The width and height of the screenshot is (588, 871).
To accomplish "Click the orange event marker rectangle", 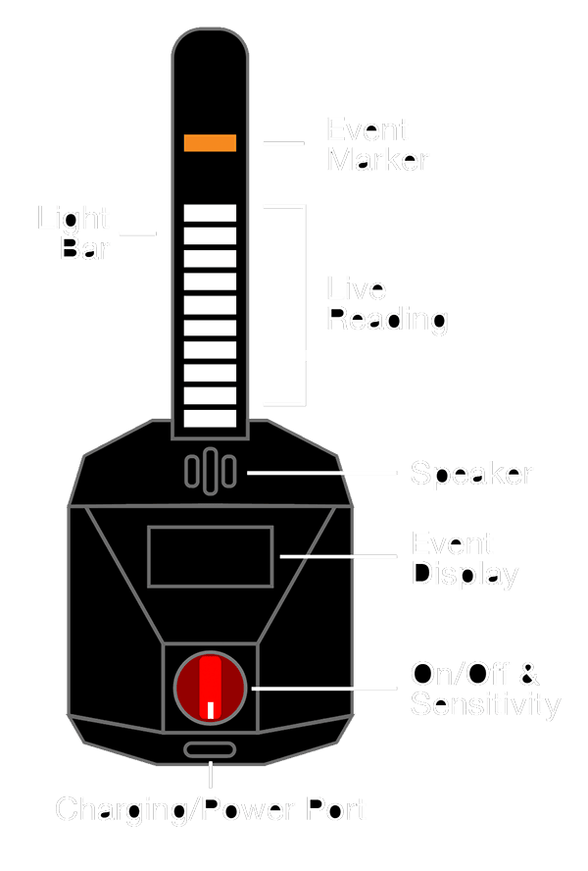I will [210, 143].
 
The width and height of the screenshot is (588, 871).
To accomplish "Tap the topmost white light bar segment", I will [210, 213].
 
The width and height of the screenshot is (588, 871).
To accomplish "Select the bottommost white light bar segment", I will [210, 419].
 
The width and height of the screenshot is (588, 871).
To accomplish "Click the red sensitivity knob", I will [211, 689].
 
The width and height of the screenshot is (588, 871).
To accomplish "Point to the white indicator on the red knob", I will [210, 711].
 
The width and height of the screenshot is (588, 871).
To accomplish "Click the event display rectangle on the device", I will [210, 557].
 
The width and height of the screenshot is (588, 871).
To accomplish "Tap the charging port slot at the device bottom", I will [210, 750].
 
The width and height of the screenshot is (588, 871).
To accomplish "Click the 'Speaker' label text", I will [471, 475].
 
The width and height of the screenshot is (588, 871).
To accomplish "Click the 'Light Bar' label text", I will [74, 233].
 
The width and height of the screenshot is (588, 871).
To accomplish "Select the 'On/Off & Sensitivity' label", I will [484, 689].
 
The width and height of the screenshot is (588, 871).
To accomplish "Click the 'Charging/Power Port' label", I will [211, 810].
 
